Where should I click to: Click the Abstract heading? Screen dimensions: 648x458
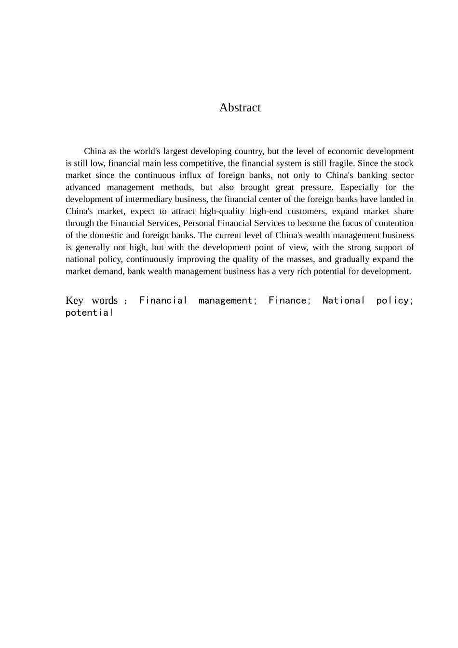click(240, 108)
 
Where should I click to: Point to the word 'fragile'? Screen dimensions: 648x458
click(340, 163)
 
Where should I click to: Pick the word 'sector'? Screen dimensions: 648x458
click(402, 175)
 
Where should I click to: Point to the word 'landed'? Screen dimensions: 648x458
click(394, 199)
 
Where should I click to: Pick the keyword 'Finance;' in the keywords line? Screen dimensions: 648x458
click(289, 301)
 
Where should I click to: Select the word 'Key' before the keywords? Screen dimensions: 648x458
click(74, 301)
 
